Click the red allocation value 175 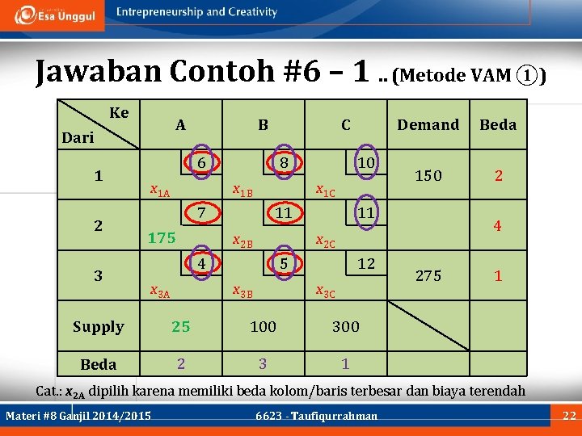tap(162, 237)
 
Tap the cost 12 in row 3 tap(365, 264)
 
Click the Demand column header tap(428, 124)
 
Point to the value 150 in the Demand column tap(428, 175)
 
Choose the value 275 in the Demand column tap(428, 275)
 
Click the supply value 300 tap(346, 326)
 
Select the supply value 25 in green tap(180, 326)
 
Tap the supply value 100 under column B tap(263, 326)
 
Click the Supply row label tap(98, 326)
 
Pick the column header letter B tap(263, 124)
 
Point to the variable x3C tap(326, 291)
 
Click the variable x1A tap(160, 191)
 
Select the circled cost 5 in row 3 tap(284, 264)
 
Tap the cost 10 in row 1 tap(365, 163)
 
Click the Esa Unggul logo tap(55, 15)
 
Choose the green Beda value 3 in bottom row tap(263, 363)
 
